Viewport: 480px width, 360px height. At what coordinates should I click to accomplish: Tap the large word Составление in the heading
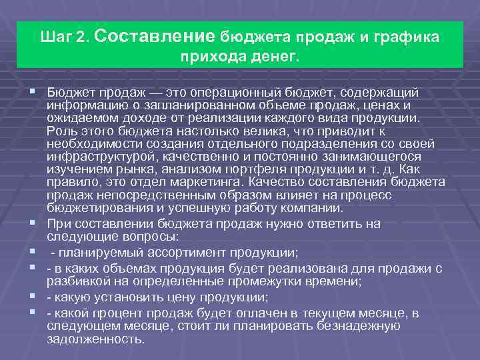click(x=159, y=35)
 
